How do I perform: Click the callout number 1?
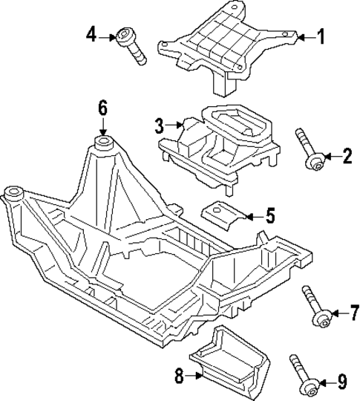coord(321,36)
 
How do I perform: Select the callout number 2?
coord(345,156)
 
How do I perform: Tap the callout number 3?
coord(160,125)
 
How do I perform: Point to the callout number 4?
coord(91,34)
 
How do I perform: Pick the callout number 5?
coord(269,217)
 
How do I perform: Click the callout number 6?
coord(103,108)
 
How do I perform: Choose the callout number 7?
coord(353,313)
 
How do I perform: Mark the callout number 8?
coord(179,376)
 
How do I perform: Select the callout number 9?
coord(342,382)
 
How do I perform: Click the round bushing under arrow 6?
coord(103,140)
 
